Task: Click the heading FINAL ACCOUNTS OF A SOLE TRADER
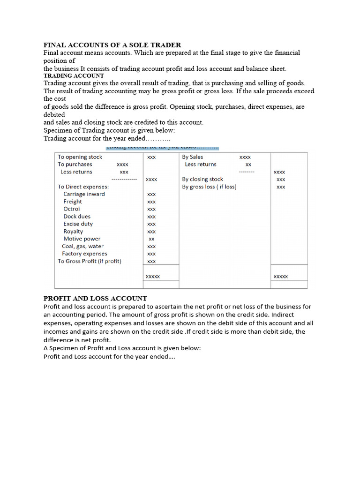tap(112, 45)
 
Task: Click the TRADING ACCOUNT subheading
tap(74, 75)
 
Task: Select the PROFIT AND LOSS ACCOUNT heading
tap(95, 298)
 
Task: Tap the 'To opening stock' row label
tap(80, 157)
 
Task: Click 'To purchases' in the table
tap(75, 165)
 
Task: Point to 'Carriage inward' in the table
tap(84, 194)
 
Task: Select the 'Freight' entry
tap(73, 202)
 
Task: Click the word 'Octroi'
tap(72, 209)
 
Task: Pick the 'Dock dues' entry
tap(77, 217)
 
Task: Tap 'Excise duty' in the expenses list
tap(78, 224)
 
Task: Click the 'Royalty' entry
tap(73, 232)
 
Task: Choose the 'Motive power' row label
tap(82, 239)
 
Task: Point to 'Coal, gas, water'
tap(82, 247)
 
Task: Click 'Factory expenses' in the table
tap(84, 254)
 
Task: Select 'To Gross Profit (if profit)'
tap(89, 262)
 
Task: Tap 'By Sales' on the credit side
tap(193, 157)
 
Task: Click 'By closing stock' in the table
tap(202, 179)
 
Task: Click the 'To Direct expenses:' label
tap(83, 187)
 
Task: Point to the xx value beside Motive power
tap(151, 239)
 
